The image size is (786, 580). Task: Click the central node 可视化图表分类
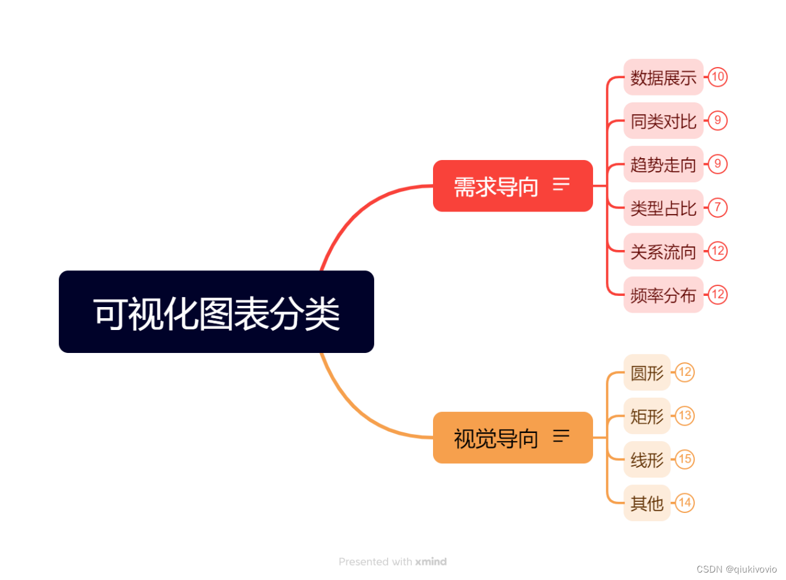point(216,312)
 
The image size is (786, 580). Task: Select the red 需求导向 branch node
point(496,186)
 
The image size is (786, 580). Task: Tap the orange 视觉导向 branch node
point(496,438)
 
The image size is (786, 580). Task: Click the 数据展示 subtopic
point(663,78)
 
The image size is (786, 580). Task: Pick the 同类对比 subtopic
point(663,121)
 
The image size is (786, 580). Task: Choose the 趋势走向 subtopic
point(663,164)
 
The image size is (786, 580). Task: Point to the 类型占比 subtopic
point(663,208)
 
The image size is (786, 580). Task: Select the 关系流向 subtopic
point(663,251)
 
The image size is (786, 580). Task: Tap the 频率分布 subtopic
point(663,295)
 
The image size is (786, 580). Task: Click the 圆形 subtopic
point(647,373)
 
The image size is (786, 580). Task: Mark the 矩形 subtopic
point(647,416)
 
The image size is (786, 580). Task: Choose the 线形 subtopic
point(647,460)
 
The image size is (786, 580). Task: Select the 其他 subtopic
point(647,503)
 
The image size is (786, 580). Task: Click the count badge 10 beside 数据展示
point(718,77)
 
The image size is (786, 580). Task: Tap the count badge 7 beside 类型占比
point(718,207)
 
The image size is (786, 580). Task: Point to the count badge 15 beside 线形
point(685,460)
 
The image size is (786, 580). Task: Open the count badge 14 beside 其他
point(685,502)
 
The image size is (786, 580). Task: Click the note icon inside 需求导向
point(561,184)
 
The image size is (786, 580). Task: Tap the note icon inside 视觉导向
point(561,436)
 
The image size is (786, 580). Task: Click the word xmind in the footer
point(431,562)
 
